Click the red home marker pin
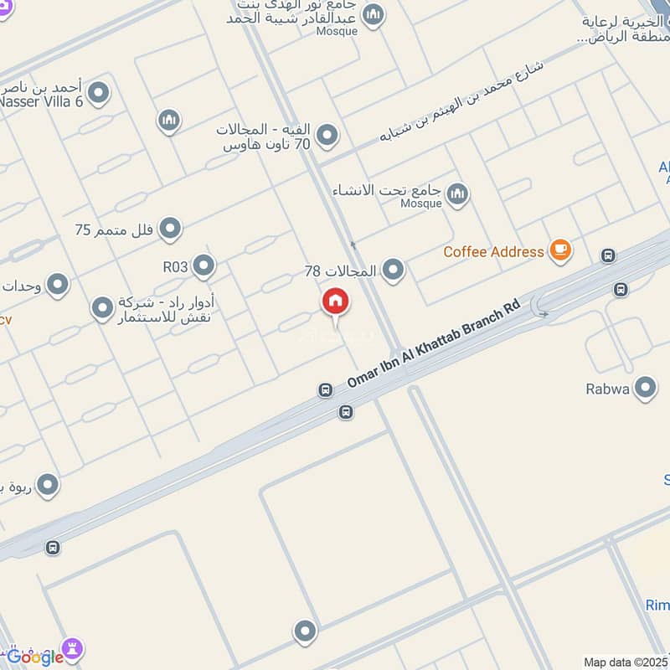tap(336, 302)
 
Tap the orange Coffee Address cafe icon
tap(559, 250)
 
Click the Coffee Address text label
tap(494, 250)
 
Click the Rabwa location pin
tap(645, 388)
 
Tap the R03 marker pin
tap(204, 266)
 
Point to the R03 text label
tap(176, 267)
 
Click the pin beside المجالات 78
tap(393, 270)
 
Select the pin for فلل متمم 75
tap(170, 228)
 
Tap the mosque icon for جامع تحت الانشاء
tap(457, 195)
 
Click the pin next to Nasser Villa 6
tap(99, 92)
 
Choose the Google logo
tap(34, 657)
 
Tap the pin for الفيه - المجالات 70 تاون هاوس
tap(327, 135)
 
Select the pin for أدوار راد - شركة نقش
tap(102, 309)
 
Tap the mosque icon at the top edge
tap(374, 14)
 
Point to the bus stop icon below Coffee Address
tap(621, 290)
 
